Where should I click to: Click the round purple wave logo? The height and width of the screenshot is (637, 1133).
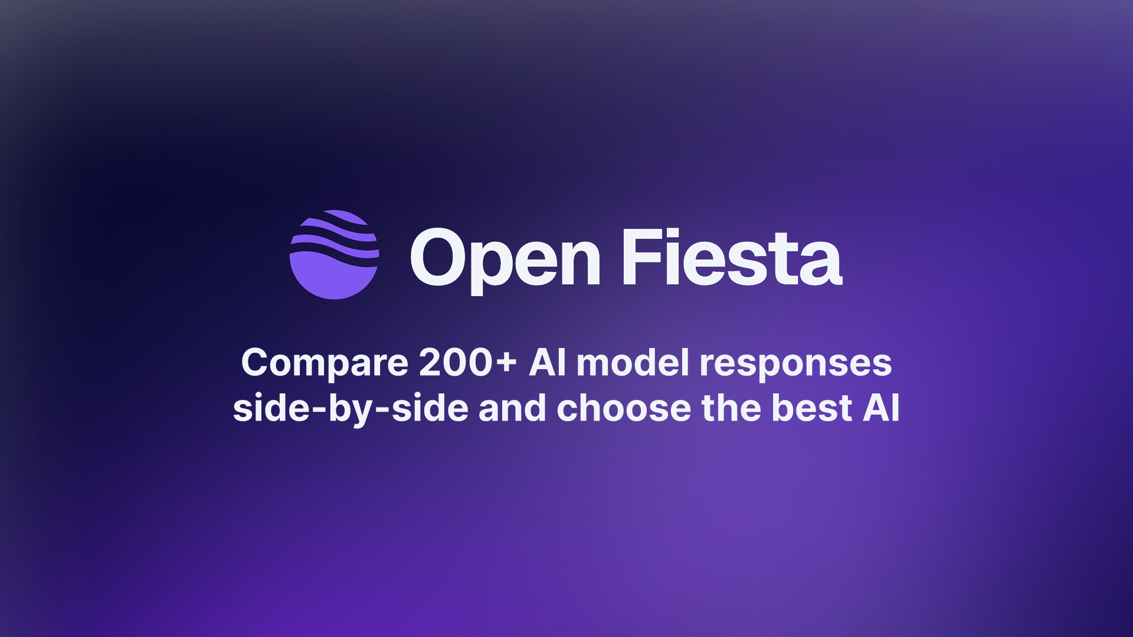334,254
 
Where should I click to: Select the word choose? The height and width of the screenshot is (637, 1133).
624,408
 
